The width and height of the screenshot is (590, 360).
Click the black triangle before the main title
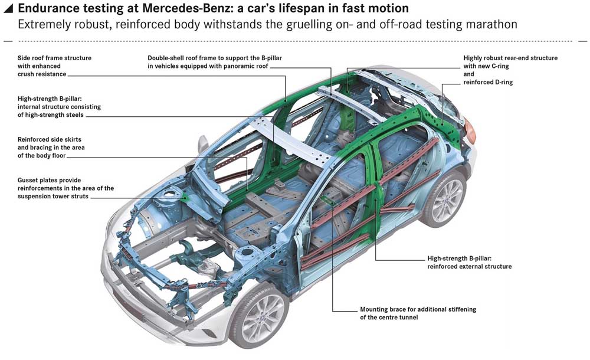pyautogui.click(x=8, y=9)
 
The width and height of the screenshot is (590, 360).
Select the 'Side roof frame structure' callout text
pyautogui.click(x=54, y=66)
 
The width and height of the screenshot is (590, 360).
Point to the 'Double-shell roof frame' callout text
pyautogui.click(x=215, y=62)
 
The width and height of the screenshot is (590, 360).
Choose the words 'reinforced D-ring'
pyautogui.click(x=488, y=82)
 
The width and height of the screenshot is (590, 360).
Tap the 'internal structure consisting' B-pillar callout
pyautogui.click(x=59, y=107)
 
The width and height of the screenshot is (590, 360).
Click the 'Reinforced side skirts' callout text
pyautogui.click(x=51, y=147)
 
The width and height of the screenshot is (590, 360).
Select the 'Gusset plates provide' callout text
pyautogui.click(x=65, y=188)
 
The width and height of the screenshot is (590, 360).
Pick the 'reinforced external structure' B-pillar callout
pyautogui.click(x=469, y=263)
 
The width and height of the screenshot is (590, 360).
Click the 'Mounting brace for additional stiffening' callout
pyautogui.click(x=418, y=313)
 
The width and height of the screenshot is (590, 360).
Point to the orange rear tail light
pyautogui.click(x=470, y=130)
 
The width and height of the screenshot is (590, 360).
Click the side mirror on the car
pyautogui.click(x=203, y=143)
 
